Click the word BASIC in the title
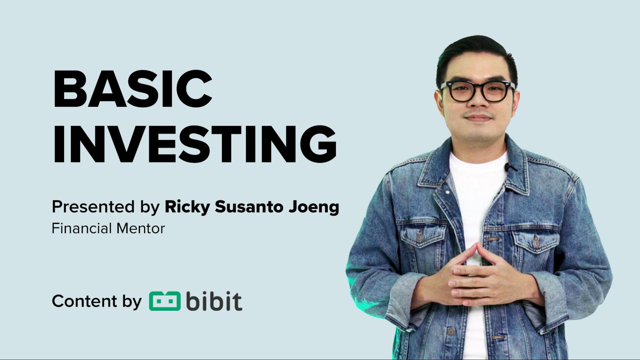click(x=132, y=89)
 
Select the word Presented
click(x=93, y=207)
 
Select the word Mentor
click(x=141, y=228)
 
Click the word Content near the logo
click(x=85, y=301)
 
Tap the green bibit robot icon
click(x=165, y=301)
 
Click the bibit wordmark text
click(x=214, y=301)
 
